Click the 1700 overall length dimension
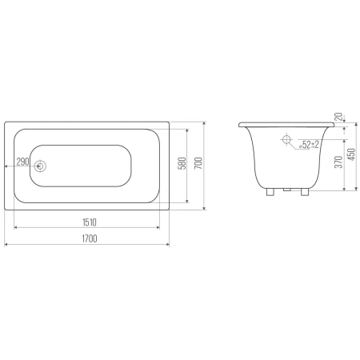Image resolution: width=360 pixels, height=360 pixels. (90, 238)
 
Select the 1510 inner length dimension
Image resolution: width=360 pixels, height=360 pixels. (90, 222)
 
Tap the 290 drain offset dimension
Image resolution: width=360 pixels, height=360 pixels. (22, 162)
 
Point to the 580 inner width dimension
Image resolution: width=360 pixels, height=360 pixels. (182, 163)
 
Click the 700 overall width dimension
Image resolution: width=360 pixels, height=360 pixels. (198, 163)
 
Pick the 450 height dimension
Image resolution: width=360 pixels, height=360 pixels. (352, 154)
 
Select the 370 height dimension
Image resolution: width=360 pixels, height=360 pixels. (338, 162)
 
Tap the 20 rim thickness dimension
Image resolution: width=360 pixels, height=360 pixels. (338, 117)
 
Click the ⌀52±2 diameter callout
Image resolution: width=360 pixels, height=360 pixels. (309, 145)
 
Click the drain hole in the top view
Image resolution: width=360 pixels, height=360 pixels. (40, 166)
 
